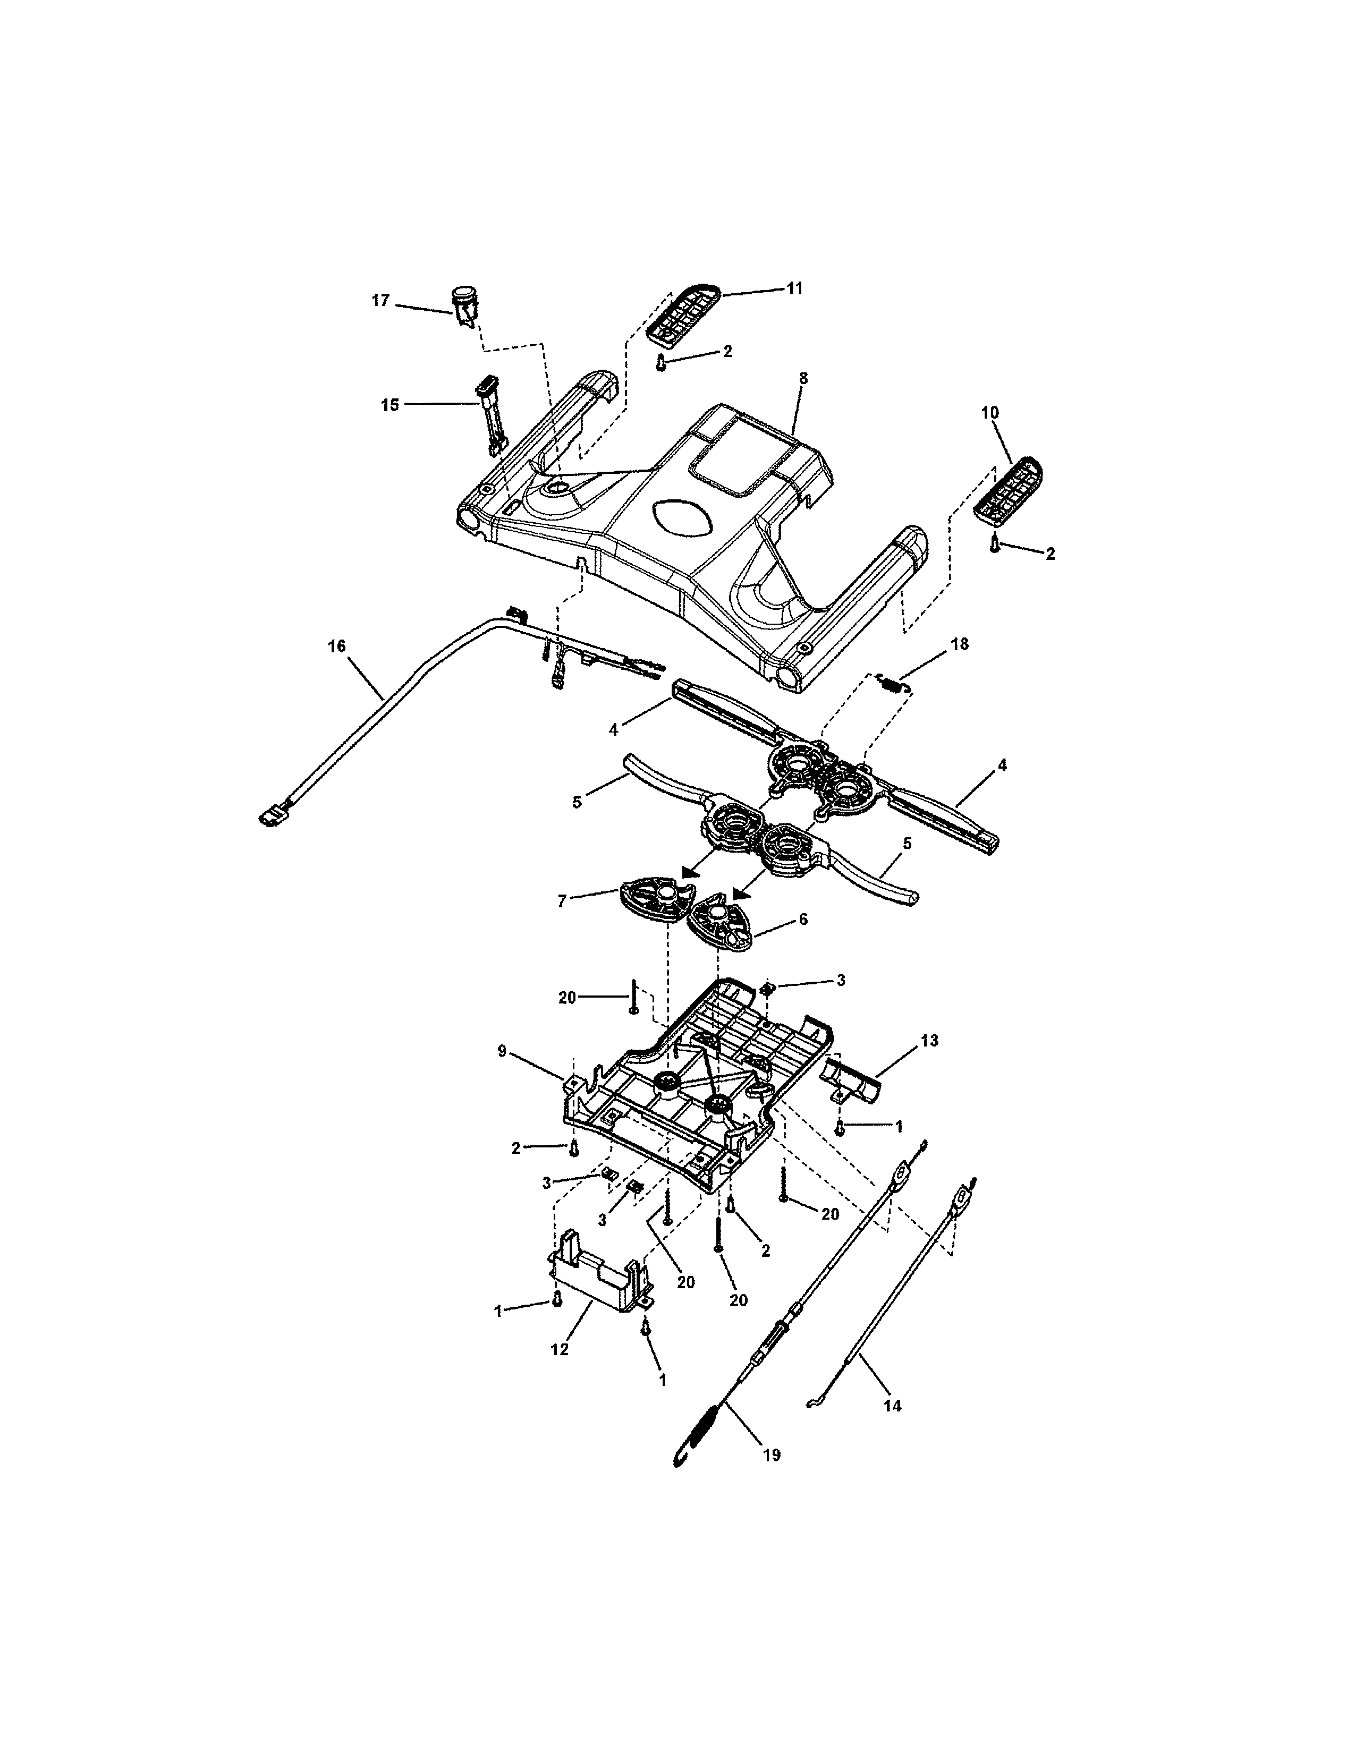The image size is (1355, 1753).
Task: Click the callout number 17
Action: [x=380, y=300]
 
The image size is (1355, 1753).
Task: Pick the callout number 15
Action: [x=389, y=405]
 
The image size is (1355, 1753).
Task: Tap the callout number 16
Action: [x=337, y=646]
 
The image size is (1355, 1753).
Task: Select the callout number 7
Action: [x=562, y=900]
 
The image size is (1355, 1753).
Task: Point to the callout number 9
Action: [x=502, y=1051]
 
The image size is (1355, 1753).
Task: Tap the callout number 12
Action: [x=560, y=1349]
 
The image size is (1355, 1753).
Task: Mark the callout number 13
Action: [x=929, y=1040]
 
